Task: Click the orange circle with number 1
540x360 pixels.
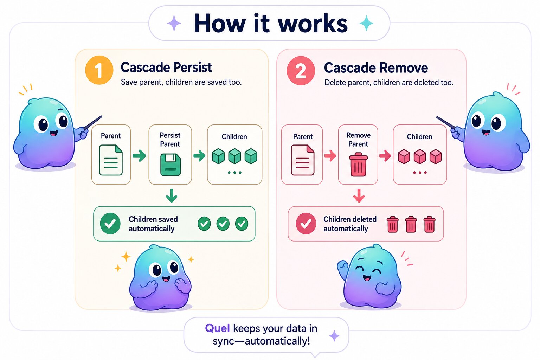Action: [99, 70]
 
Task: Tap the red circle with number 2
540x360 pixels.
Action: [301, 71]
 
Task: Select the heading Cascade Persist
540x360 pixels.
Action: [166, 67]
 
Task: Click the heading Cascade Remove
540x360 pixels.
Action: [376, 68]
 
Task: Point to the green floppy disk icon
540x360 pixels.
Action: [171, 165]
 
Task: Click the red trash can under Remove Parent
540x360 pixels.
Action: [358, 165]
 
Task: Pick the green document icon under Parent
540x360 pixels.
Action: [111, 160]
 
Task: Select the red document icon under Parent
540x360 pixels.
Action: [303, 160]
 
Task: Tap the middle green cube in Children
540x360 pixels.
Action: [234, 156]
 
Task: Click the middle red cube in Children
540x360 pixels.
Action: [420, 156]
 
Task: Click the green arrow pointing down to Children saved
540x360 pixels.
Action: [172, 195]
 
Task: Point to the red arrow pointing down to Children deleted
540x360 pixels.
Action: [359, 195]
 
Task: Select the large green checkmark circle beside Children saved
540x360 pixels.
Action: [110, 224]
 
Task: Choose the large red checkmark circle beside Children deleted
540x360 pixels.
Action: [306, 224]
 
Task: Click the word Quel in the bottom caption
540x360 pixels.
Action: [217, 328]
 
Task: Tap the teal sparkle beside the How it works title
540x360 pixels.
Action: [366, 23]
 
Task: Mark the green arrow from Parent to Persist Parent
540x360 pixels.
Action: [140, 155]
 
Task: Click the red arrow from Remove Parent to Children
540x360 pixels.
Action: [385, 155]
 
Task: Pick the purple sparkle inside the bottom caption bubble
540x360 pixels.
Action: [334, 336]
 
